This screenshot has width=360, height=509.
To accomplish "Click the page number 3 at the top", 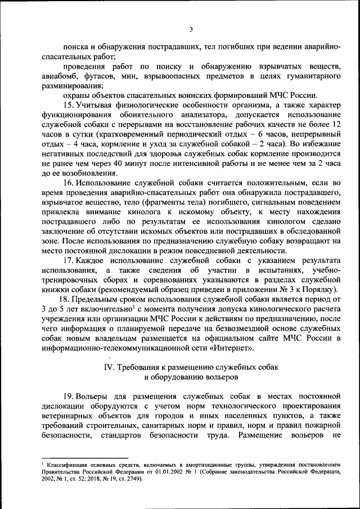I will [191, 30].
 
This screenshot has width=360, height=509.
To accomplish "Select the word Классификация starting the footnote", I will [69, 464].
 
